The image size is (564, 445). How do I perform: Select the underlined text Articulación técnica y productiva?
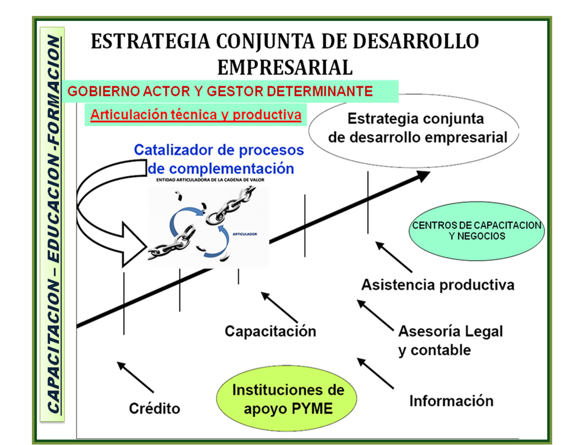pyautogui.click(x=196, y=115)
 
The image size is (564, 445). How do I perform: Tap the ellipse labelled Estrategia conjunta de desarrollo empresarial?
pyautogui.click(x=414, y=130)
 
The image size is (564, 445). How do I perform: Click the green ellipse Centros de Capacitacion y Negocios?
pyautogui.click(x=477, y=231)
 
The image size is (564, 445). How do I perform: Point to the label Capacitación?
pyautogui.click(x=270, y=331)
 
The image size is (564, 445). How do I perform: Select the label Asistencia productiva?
pyautogui.click(x=438, y=285)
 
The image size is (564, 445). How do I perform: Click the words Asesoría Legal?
pyautogui.click(x=450, y=331)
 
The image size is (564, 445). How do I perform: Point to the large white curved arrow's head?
pyautogui.click(x=134, y=245)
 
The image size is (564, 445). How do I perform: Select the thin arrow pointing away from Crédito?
pyautogui.click(x=135, y=378)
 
